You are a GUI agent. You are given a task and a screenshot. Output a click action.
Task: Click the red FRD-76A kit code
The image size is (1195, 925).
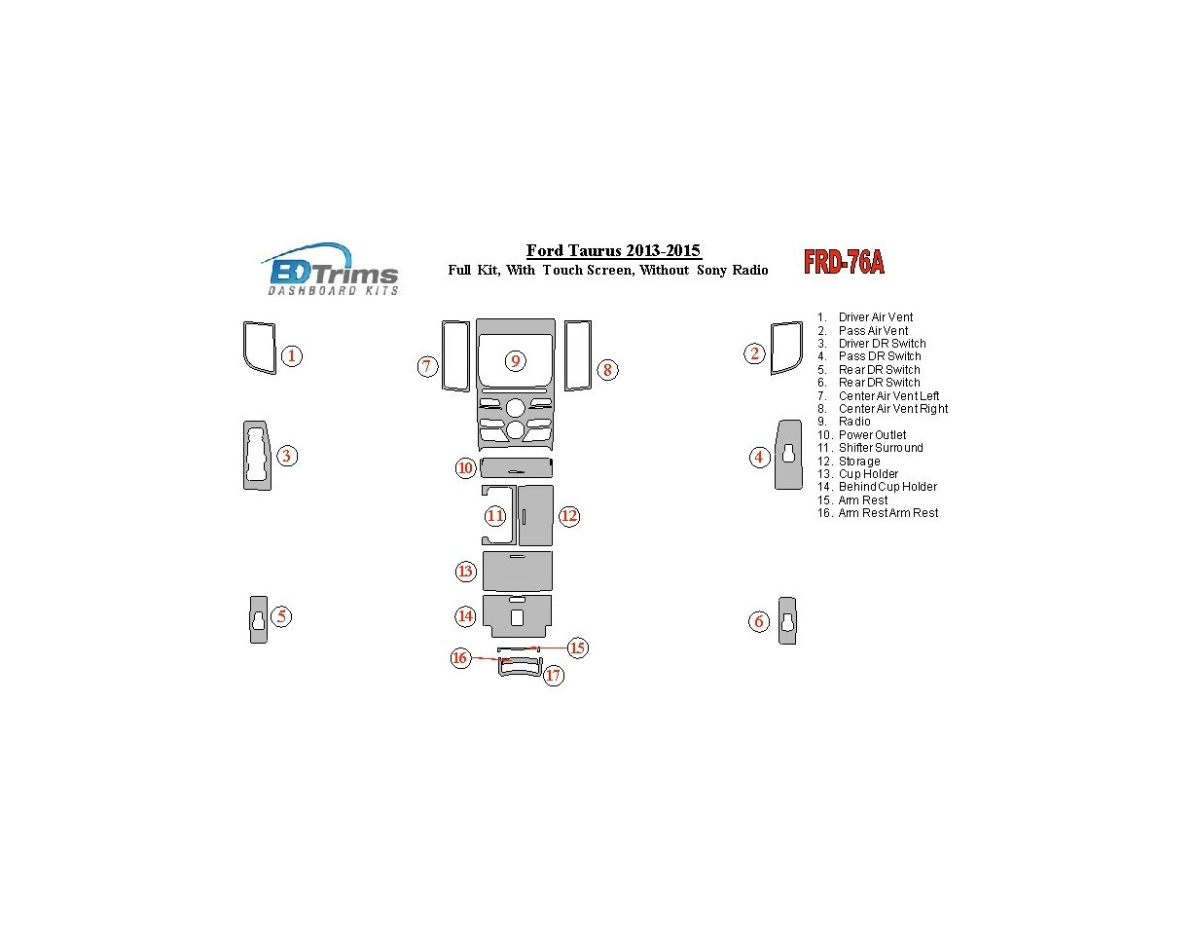tap(844, 262)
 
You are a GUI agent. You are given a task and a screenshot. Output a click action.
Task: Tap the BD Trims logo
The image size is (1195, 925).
tap(331, 269)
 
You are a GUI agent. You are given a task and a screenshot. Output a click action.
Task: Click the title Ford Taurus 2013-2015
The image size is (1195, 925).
tap(613, 251)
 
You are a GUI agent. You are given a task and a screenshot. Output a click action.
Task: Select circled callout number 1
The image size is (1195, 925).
tap(291, 356)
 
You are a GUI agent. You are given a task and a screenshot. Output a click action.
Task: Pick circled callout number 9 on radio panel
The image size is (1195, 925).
tap(516, 361)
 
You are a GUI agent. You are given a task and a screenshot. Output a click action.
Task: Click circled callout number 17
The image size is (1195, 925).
tap(554, 675)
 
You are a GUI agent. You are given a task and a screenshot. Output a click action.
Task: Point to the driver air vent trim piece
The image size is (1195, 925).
tap(259, 348)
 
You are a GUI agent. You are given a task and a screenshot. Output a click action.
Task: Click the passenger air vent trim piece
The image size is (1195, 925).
tap(786, 348)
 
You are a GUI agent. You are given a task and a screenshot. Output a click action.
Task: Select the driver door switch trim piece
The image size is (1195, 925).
tap(257, 455)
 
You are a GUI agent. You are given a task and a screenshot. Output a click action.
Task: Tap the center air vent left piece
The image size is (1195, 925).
tap(454, 355)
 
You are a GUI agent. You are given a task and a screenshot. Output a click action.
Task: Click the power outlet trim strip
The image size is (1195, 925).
tap(517, 467)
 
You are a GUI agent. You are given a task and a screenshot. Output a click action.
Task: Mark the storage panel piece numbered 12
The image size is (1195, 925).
tap(536, 515)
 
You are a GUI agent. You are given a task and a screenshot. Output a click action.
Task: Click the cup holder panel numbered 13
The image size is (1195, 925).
tap(517, 572)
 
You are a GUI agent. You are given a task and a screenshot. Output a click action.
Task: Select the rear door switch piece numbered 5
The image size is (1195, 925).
tap(258, 619)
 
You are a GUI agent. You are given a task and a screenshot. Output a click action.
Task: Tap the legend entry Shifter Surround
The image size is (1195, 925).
tap(881, 448)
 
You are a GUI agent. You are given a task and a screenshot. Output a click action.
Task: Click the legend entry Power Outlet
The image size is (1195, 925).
tap(872, 435)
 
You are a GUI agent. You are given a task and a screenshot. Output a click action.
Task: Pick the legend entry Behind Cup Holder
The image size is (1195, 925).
tap(887, 487)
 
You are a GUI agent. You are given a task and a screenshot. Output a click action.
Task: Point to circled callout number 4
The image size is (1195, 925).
tap(760, 457)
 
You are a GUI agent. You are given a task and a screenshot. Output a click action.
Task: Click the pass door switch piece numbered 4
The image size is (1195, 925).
tap(787, 455)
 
